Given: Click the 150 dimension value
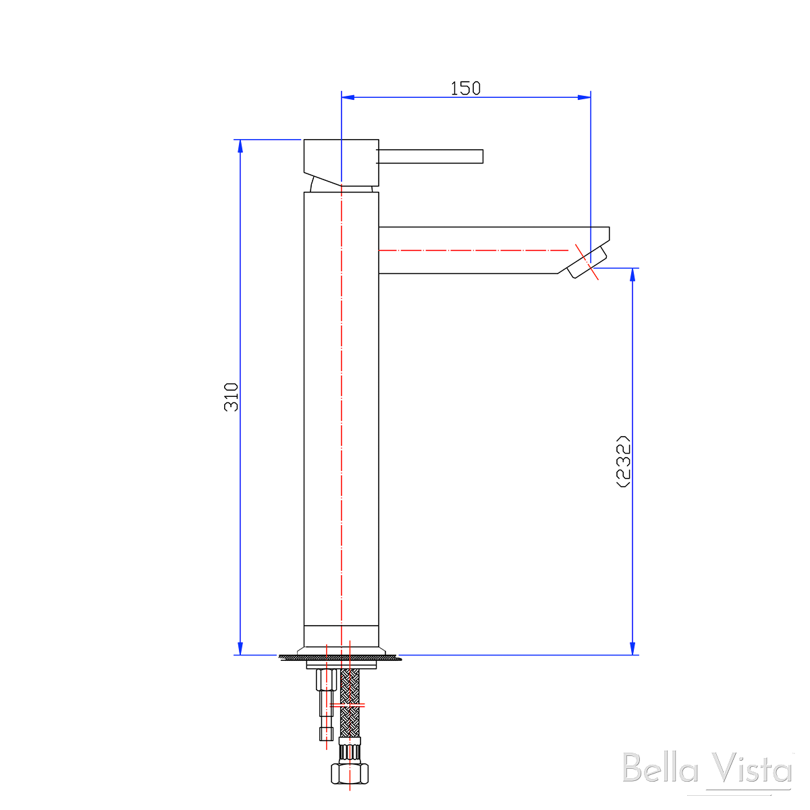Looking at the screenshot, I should tap(466, 88).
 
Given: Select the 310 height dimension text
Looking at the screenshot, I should tap(232, 397).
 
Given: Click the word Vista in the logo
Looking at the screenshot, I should tap(753, 769).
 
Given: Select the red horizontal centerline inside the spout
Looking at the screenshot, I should tap(473, 250).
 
